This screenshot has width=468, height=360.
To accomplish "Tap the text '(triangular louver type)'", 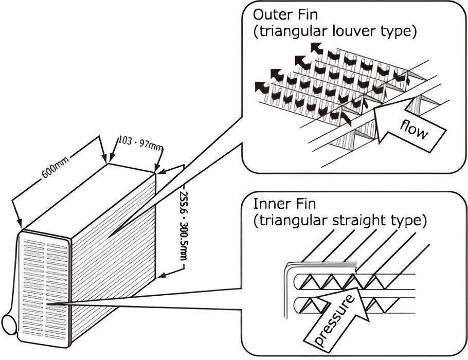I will [x=334, y=31].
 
